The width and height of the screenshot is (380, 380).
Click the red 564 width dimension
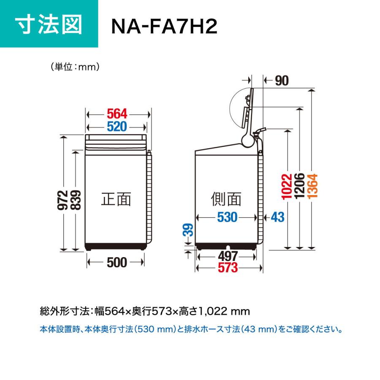pos(117,114)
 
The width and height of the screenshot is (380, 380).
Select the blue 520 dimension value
pos(117,127)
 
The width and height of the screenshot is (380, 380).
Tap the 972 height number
pos(62,200)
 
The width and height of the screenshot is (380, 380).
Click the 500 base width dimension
pos(117,263)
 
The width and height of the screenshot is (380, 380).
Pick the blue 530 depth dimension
pos(227,217)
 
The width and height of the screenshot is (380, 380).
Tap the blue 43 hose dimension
pos(277,217)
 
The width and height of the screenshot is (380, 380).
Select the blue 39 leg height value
pos(188,230)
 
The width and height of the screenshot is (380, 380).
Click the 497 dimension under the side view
pos(228,256)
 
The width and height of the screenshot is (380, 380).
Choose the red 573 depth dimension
pos(228,268)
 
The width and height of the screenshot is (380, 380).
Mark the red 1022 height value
pos(287,187)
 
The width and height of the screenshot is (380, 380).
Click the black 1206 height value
pos(299,186)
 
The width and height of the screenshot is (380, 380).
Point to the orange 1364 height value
pos(312,186)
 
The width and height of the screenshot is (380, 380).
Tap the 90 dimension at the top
pos(282,81)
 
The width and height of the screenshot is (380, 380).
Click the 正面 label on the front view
pos(116,199)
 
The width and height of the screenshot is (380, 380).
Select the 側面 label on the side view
pos(226,199)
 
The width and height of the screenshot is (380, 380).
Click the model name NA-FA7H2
pos(164,27)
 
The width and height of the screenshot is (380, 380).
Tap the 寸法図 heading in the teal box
pos(49,24)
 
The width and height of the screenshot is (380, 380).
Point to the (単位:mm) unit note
pos(75,67)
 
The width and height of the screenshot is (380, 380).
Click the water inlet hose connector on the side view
pos(259,132)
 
